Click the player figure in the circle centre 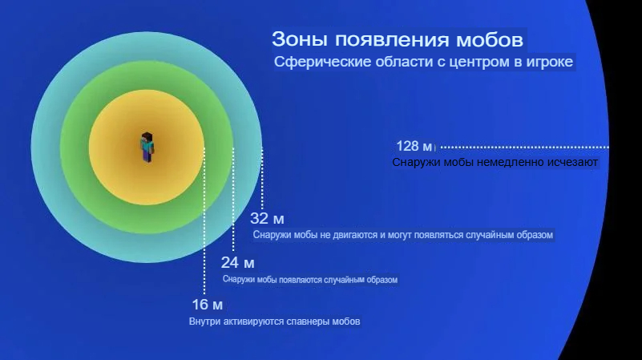coord(147,148)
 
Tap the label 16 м coord(207,305)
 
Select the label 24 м coord(237,262)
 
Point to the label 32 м coord(267,219)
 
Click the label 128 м coord(414,146)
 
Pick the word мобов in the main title coord(489,40)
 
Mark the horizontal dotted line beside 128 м coord(525,147)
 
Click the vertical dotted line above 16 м coord(204,221)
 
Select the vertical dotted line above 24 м coord(233,200)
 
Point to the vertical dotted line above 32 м coord(262,179)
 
